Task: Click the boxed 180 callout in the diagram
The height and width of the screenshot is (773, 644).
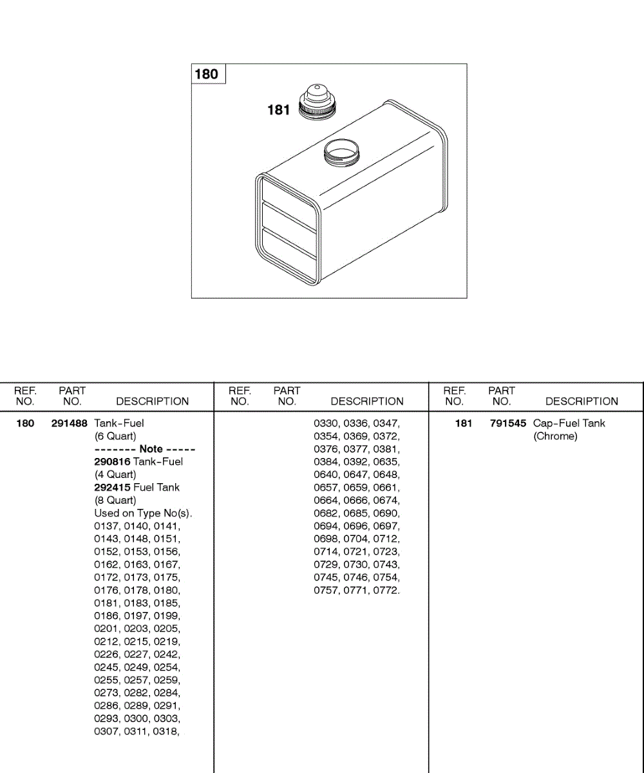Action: click(x=206, y=74)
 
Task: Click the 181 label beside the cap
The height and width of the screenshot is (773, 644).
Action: click(x=279, y=110)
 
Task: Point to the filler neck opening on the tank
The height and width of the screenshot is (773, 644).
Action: click(x=341, y=153)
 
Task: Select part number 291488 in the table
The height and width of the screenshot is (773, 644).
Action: click(x=69, y=423)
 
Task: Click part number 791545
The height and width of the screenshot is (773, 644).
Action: click(x=507, y=423)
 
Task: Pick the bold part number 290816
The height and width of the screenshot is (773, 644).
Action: click(x=112, y=462)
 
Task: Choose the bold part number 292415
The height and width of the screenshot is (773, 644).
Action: click(x=112, y=488)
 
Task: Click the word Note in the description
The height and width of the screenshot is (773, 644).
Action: click(x=151, y=449)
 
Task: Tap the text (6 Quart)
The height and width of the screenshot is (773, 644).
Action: click(x=115, y=436)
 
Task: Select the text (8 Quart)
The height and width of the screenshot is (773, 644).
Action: click(x=115, y=501)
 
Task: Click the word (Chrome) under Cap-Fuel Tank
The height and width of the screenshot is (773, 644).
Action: click(x=555, y=436)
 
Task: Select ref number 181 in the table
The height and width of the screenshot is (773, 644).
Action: click(x=463, y=423)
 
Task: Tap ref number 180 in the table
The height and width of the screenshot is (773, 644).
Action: click(x=25, y=423)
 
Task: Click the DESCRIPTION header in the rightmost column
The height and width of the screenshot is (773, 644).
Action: click(x=582, y=401)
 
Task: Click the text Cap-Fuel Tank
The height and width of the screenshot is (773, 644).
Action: click(x=569, y=423)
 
